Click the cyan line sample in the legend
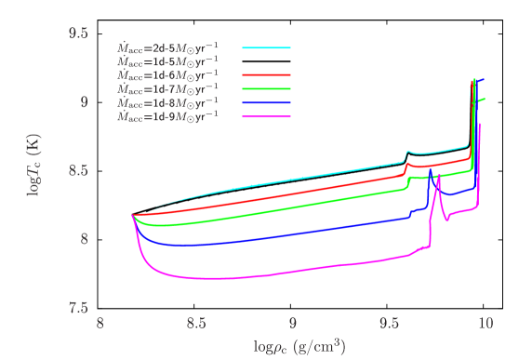click(x=266, y=47)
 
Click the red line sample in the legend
click(x=266, y=73)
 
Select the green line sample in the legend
click(x=266, y=88)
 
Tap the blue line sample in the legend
click(x=266, y=102)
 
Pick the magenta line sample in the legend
click(x=266, y=116)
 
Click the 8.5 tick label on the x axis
click(x=196, y=324)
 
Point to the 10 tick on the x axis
click(x=485, y=324)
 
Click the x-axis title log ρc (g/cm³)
click(x=293, y=347)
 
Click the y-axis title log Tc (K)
click(x=34, y=170)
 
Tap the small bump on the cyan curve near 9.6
click(x=407, y=151)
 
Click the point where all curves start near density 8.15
click(x=133, y=215)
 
